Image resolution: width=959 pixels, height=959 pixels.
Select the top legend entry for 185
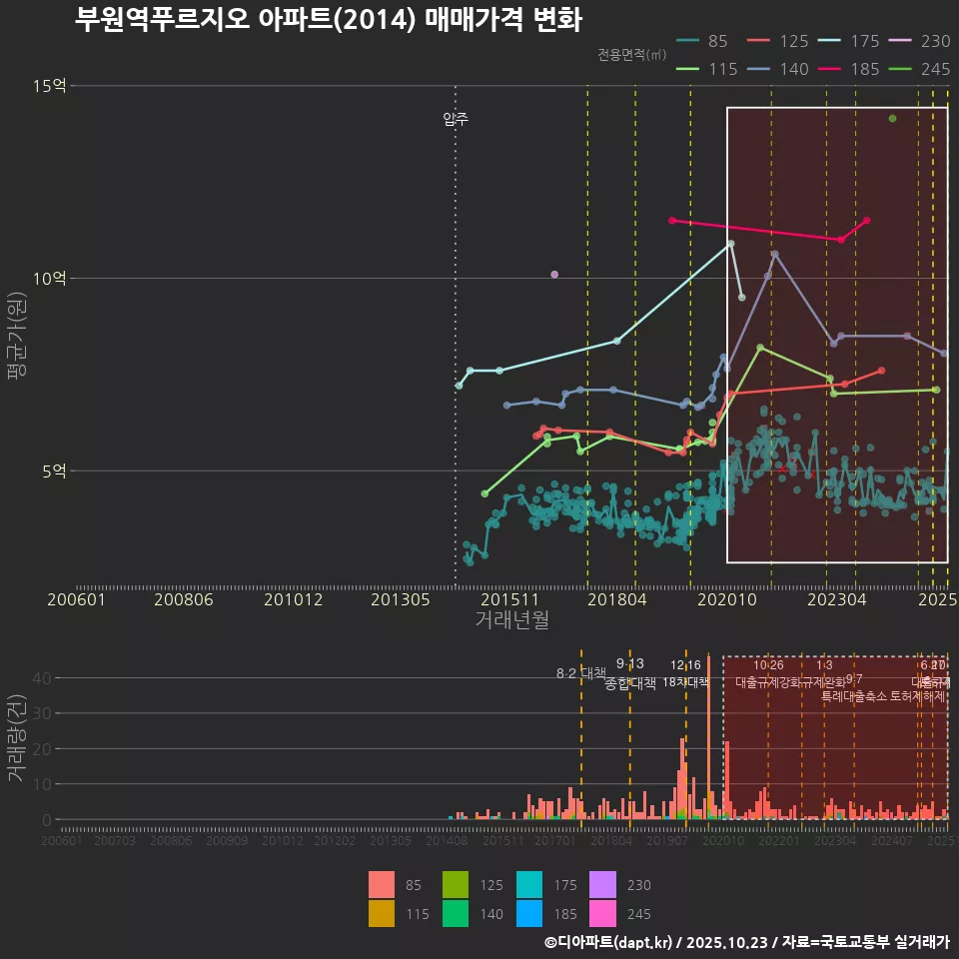click(849, 69)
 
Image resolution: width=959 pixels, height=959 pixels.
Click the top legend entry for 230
click(920, 41)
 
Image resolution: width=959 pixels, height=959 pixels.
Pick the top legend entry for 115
click(705, 69)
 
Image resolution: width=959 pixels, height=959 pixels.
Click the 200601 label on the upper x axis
click(76, 599)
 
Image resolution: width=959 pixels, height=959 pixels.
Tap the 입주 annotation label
click(456, 119)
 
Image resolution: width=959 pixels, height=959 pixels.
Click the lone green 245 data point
click(893, 119)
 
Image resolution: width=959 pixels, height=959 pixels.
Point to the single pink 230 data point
click(554, 275)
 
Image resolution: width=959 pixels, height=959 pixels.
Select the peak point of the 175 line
click(730, 244)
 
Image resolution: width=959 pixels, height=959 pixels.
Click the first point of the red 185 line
click(671, 220)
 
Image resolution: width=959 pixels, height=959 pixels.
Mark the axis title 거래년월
click(511, 619)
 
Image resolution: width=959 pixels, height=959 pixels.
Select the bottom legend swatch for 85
click(382, 885)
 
